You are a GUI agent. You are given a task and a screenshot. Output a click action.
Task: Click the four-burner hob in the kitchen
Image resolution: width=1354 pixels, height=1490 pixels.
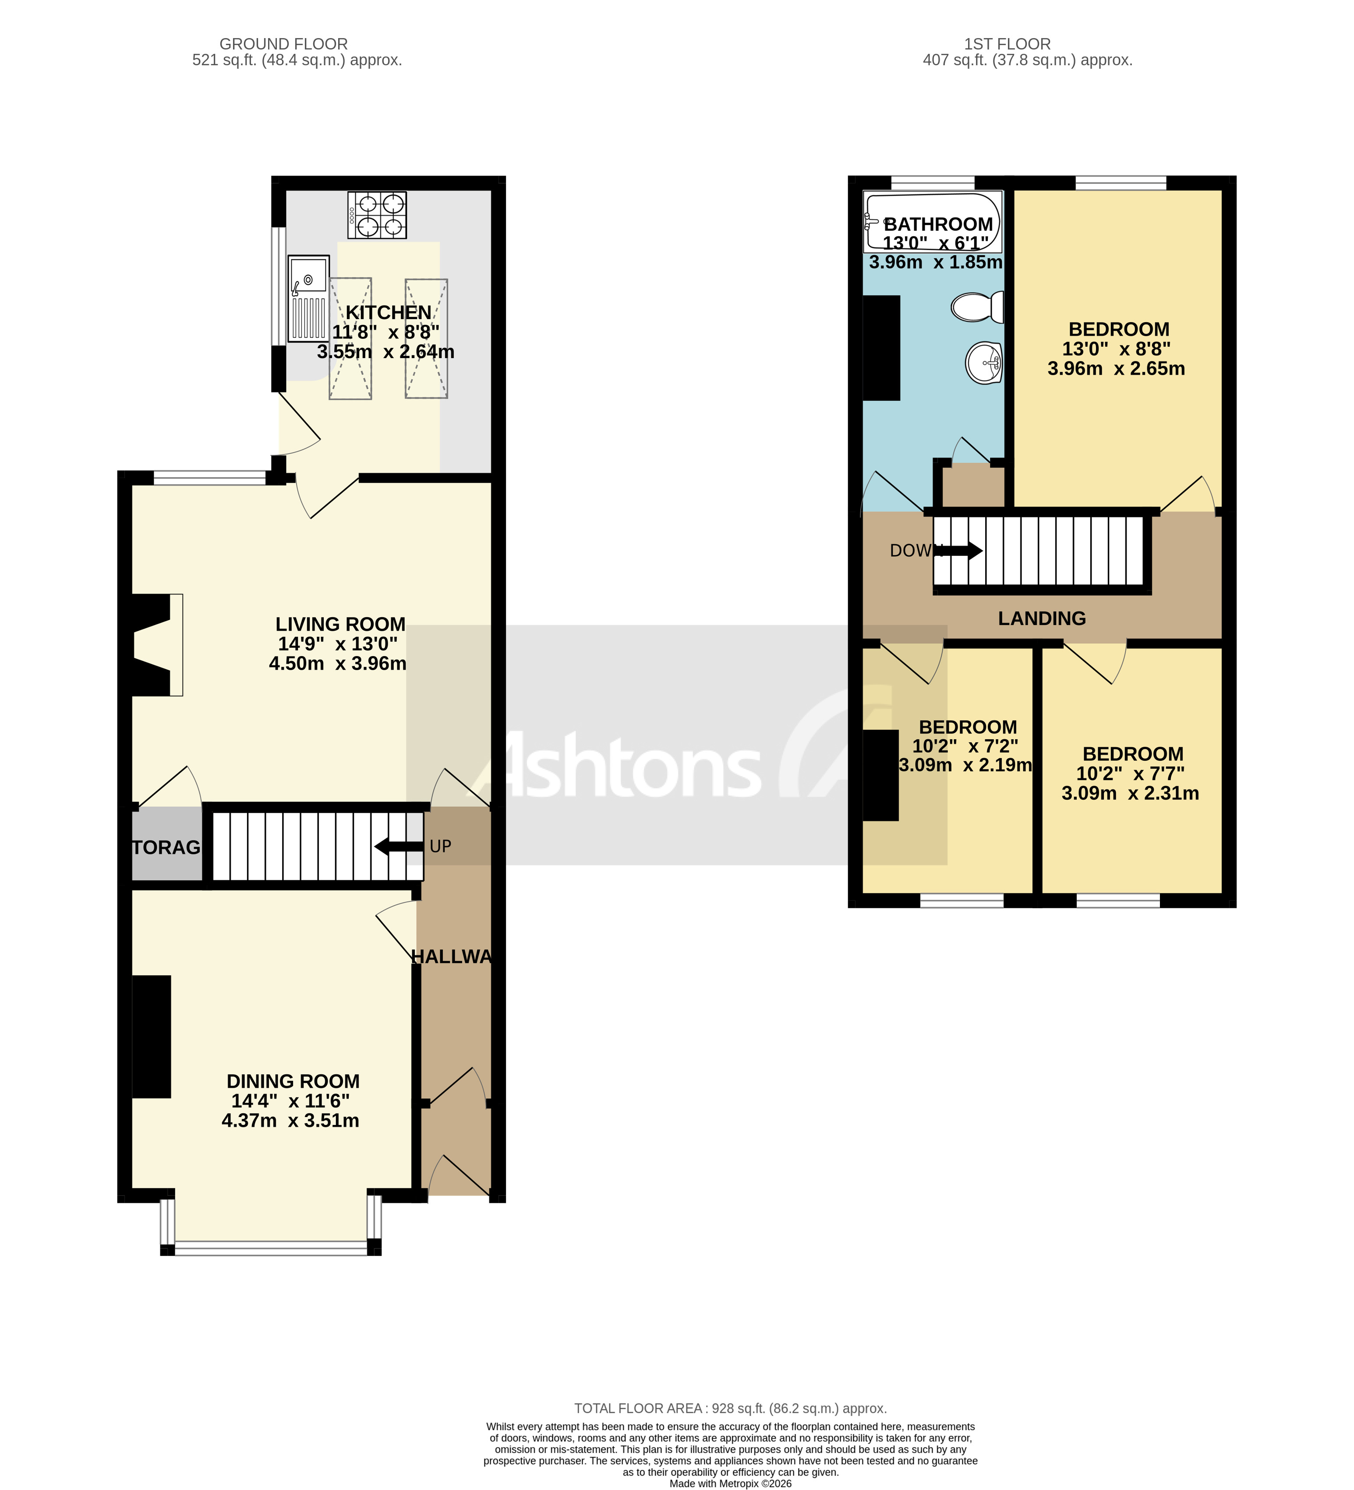(x=376, y=214)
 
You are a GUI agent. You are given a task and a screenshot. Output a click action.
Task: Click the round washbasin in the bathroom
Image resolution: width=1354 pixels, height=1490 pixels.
(x=983, y=362)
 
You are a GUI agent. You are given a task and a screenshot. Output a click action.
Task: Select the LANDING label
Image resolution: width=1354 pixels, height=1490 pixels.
(x=1041, y=618)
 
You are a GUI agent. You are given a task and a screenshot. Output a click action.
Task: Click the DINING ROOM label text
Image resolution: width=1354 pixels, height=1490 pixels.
(x=293, y=1081)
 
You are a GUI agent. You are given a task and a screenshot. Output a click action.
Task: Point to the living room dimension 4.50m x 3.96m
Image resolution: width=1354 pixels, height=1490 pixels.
(x=337, y=663)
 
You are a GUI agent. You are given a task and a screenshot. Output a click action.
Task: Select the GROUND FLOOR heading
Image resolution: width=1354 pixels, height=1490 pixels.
(x=283, y=44)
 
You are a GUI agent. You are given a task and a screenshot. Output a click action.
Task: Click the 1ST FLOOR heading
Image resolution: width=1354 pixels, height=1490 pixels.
(x=1007, y=44)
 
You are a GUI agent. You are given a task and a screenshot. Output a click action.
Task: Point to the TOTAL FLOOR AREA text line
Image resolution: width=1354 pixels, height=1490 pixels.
(x=730, y=1408)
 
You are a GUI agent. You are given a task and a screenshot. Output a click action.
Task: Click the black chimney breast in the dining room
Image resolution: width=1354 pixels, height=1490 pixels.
(x=152, y=1036)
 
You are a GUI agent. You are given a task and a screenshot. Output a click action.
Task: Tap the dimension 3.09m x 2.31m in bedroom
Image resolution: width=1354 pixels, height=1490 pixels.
(x=1129, y=793)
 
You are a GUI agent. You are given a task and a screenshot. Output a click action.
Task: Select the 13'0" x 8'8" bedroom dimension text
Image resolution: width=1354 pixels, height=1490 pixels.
(x=1116, y=349)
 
